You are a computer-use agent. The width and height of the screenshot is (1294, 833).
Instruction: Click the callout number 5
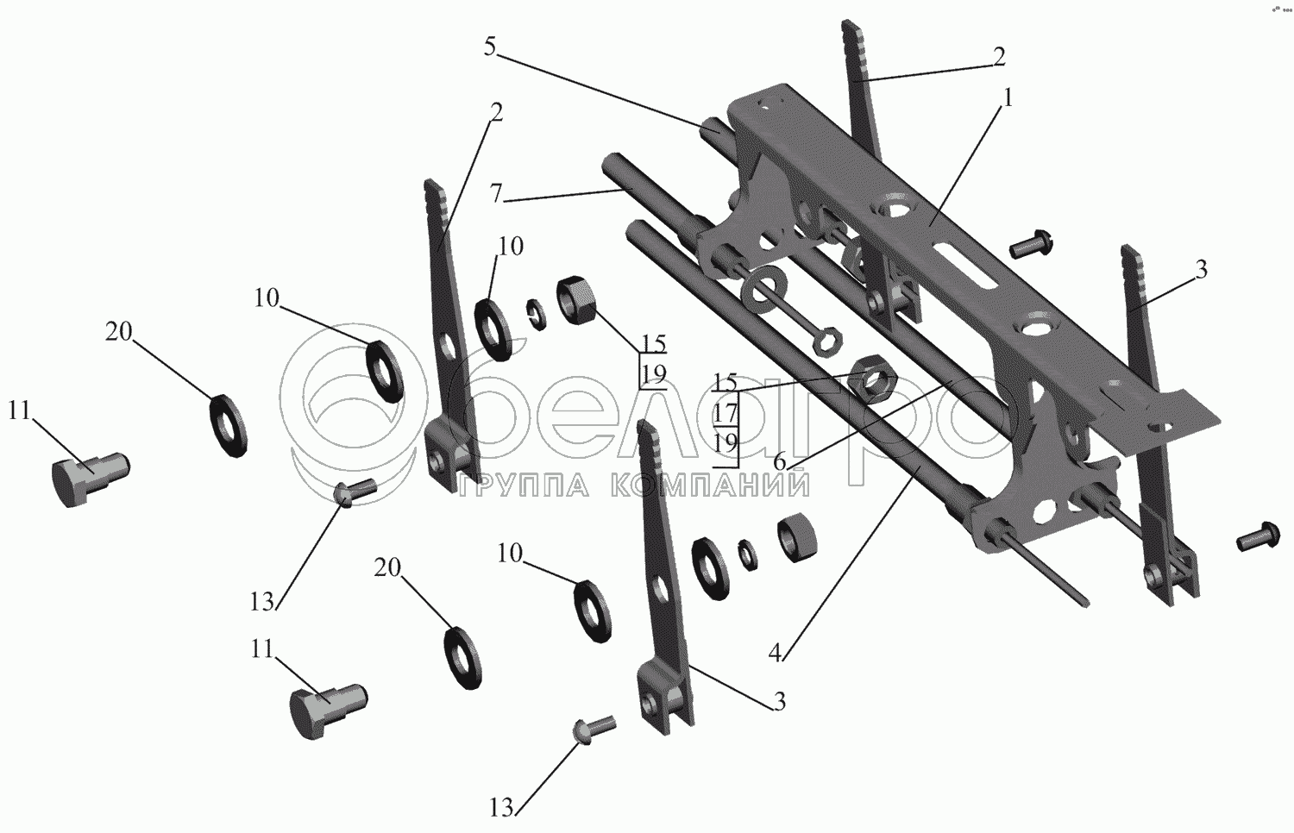point(490,47)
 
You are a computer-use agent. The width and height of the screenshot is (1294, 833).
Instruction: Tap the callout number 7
point(496,193)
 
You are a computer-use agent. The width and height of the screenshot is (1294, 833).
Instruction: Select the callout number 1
point(1008,98)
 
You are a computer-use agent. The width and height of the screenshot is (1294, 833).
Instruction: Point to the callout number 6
point(779,462)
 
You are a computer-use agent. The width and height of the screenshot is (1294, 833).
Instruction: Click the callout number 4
point(775,652)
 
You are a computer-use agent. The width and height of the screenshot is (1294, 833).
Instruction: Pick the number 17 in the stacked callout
point(726,413)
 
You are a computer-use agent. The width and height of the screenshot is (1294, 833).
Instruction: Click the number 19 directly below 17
point(726,442)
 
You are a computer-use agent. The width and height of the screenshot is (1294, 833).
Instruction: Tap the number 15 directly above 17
point(726,382)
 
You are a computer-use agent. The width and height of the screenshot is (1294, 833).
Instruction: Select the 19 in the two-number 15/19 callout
point(654,374)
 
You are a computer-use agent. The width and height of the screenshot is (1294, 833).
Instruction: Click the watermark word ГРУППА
point(525,485)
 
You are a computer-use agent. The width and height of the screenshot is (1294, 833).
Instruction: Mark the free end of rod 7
point(611,164)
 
